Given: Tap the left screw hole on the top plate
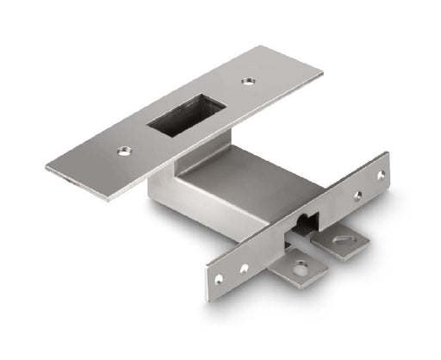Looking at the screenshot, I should [x=124, y=152].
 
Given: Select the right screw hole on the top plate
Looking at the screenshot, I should [x=248, y=82].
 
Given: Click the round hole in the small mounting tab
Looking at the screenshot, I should [x=299, y=269].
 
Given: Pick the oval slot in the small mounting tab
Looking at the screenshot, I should [x=345, y=239].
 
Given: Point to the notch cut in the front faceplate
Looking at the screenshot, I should [x=303, y=226].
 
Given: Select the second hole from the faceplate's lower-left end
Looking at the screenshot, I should [x=244, y=268].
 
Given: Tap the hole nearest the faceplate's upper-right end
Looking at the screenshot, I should [x=380, y=175].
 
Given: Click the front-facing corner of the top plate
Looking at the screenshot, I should [x=109, y=201].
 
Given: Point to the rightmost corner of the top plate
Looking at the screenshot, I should [x=323, y=72].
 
